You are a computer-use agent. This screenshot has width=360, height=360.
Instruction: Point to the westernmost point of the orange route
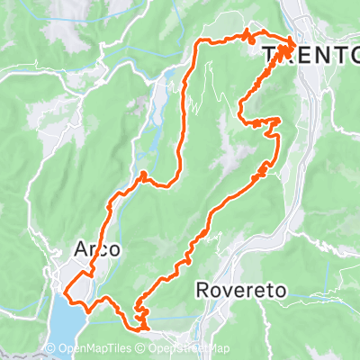[64, 290]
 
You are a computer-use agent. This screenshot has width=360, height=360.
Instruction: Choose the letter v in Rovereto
[229, 291]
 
